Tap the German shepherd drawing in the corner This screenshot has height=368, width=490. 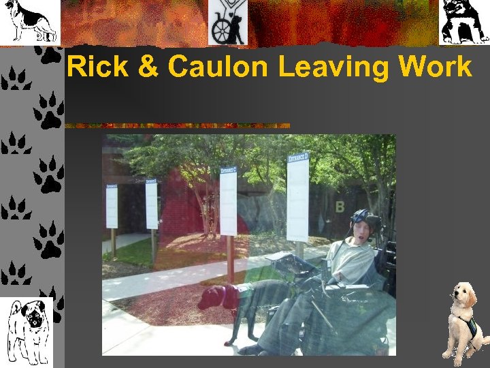click(29, 21)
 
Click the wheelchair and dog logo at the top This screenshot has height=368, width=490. click(228, 22)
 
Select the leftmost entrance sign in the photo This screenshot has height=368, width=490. click(112, 205)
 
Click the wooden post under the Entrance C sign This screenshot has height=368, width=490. click(230, 259)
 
